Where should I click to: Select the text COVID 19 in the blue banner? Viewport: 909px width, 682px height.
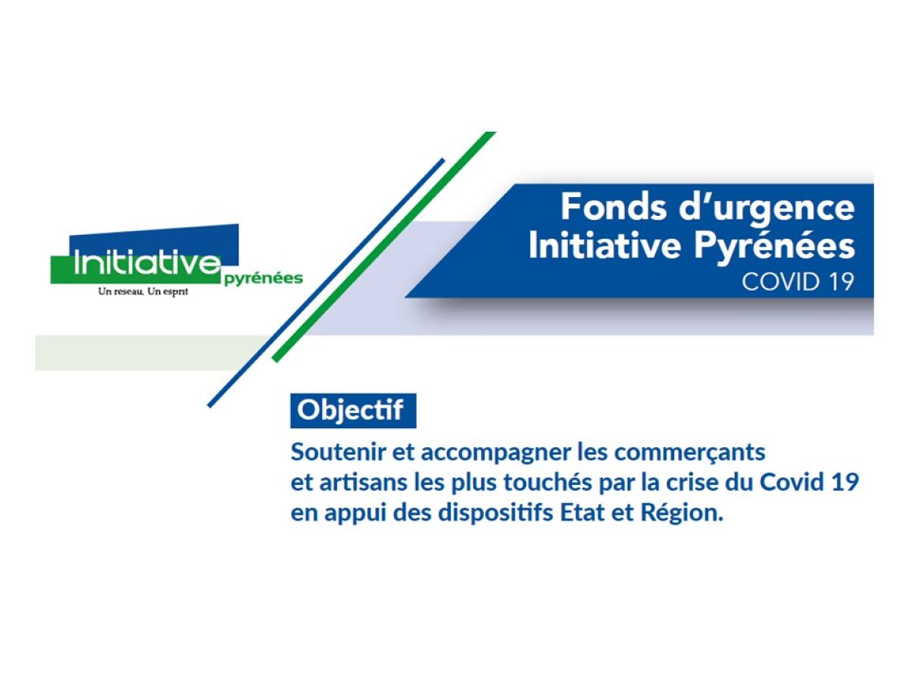(x=796, y=282)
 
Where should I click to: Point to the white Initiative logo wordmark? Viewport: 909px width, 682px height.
(x=147, y=262)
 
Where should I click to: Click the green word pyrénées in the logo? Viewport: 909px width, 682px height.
(x=264, y=279)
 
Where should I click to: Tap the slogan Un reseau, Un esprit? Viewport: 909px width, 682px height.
(x=143, y=292)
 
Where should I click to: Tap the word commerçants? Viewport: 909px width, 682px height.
(x=690, y=453)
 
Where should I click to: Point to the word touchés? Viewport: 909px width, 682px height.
(x=547, y=482)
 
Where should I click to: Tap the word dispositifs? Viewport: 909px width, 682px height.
(x=495, y=514)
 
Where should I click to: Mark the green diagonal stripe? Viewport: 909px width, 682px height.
(x=383, y=247)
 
